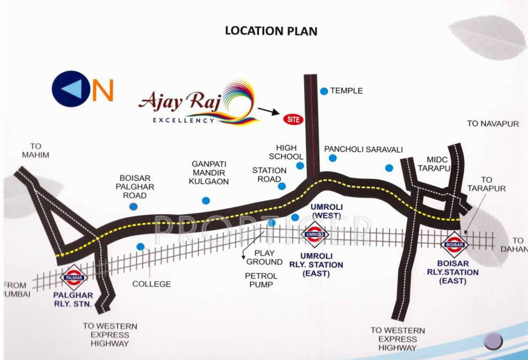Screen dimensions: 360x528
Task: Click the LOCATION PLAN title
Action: (271, 31)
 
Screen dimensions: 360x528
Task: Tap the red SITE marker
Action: (293, 119)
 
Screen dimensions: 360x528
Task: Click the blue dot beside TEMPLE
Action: (324, 91)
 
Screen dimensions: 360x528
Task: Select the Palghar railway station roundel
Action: (75, 277)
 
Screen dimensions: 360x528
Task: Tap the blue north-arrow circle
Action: (71, 89)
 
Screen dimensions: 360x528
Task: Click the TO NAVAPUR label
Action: (493, 124)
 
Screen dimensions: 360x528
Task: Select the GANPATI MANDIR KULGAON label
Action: (209, 172)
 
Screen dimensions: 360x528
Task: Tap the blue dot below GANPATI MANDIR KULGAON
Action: (206, 201)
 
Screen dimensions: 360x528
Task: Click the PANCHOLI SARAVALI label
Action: (363, 150)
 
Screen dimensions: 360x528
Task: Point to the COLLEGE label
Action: (151, 284)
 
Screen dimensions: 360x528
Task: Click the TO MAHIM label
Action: (35, 150)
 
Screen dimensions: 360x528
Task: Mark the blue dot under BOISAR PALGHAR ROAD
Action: (134, 206)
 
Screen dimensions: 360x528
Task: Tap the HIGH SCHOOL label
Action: (286, 152)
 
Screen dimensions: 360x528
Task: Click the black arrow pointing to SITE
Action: (268, 111)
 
